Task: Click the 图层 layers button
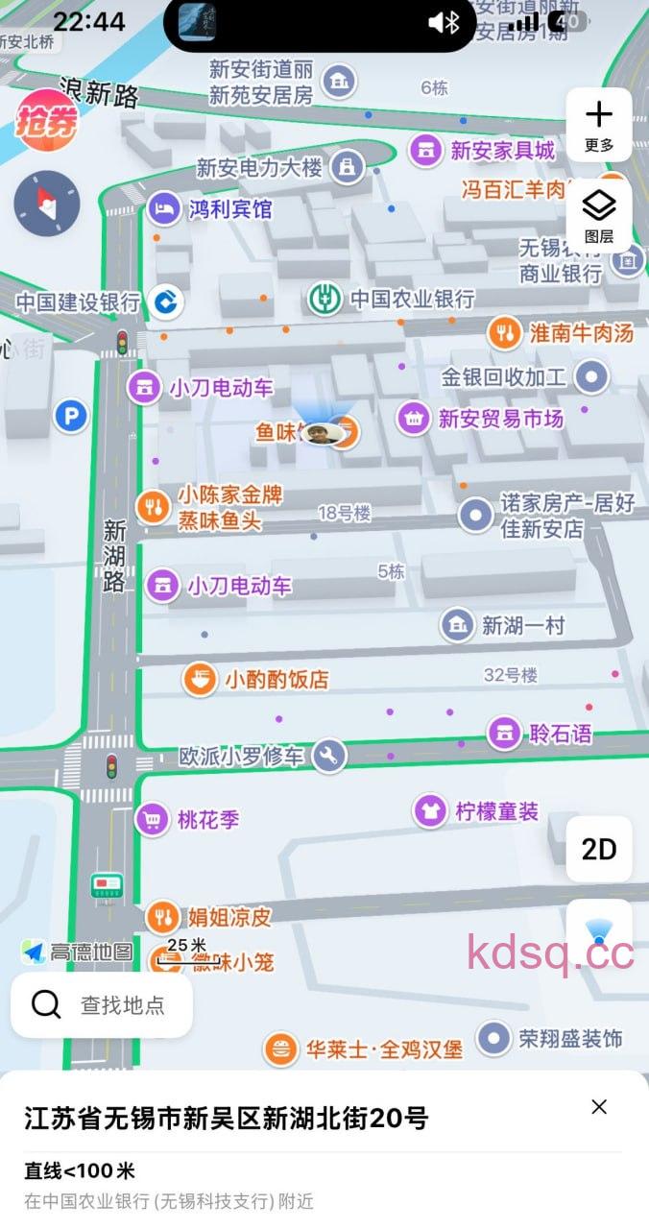click(599, 214)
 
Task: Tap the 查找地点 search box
click(102, 1005)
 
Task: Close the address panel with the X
click(599, 1107)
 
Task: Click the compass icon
click(46, 204)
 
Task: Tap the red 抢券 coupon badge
click(46, 120)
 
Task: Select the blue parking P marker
click(70, 416)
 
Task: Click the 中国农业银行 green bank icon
click(325, 299)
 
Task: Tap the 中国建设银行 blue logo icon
click(165, 302)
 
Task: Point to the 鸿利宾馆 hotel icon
click(165, 208)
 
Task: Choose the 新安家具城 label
click(502, 150)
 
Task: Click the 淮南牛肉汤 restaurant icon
click(504, 333)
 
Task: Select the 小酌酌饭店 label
click(276, 680)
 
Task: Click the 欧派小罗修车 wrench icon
click(328, 756)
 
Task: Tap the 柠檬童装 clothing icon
click(430, 811)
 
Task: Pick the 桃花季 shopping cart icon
click(152, 820)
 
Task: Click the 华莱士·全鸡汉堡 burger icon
click(280, 1049)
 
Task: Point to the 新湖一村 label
click(523, 626)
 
